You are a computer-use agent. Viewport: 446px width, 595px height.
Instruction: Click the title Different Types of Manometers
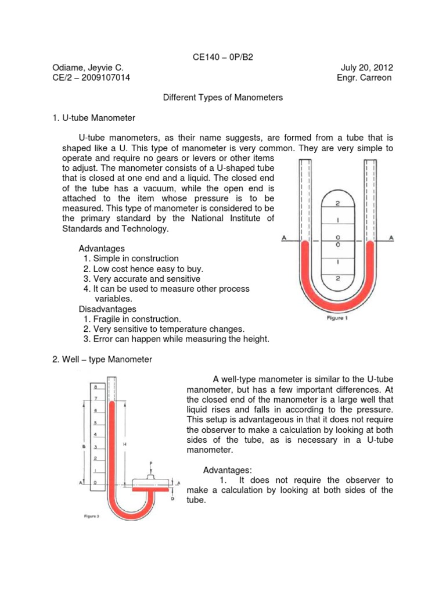click(x=222, y=98)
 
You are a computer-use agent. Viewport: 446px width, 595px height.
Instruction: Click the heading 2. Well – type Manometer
click(x=102, y=360)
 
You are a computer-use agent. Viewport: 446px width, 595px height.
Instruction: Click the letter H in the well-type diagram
click(x=124, y=444)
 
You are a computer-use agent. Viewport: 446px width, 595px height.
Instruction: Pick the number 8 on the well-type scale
click(x=96, y=386)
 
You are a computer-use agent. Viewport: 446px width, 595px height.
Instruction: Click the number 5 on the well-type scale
click(x=96, y=423)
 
